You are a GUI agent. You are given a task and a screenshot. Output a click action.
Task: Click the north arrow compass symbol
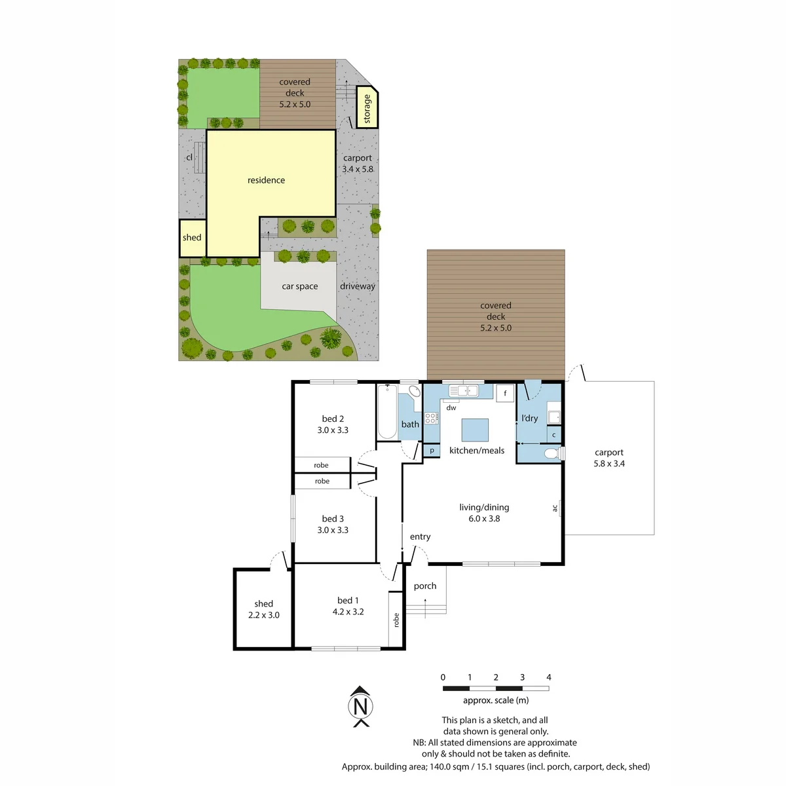[x=360, y=706]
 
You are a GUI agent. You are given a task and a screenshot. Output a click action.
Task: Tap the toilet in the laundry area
[x=554, y=453]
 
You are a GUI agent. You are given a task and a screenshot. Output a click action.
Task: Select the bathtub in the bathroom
[x=387, y=411]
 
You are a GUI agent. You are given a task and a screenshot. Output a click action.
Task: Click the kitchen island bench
[x=475, y=430]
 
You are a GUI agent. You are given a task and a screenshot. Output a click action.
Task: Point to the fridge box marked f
[x=505, y=393]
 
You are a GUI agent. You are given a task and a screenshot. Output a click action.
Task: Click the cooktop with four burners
[x=431, y=418]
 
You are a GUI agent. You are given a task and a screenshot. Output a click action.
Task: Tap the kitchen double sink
[x=463, y=391]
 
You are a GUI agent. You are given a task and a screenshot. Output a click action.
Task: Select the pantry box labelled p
[x=432, y=450]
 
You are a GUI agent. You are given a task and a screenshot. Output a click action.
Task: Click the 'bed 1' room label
[x=348, y=601]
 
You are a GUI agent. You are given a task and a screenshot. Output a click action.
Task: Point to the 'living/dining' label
[x=484, y=508]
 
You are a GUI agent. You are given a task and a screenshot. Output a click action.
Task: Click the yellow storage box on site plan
[x=367, y=107]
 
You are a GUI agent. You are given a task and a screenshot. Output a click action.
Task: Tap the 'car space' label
[x=300, y=286]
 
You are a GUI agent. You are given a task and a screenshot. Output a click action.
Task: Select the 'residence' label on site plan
[x=266, y=180]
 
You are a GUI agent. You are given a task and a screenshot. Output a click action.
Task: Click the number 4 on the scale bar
[x=549, y=677]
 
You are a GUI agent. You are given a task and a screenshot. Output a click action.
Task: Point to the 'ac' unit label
[x=555, y=508]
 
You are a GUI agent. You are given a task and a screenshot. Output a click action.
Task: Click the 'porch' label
[x=425, y=586]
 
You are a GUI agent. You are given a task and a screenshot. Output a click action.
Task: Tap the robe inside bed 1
[x=396, y=620]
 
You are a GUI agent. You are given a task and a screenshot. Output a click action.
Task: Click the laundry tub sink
[x=554, y=417]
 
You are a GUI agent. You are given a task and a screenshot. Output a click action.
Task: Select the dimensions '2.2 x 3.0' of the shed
[x=264, y=615]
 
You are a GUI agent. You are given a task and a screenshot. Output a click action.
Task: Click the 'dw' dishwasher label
[x=451, y=407]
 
